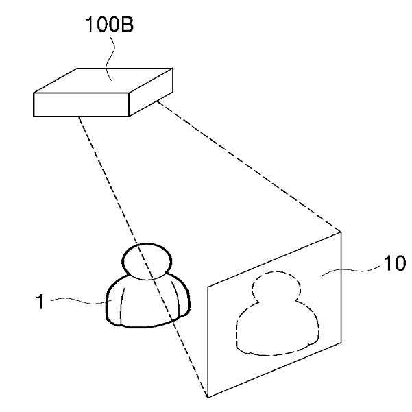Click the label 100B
(x=109, y=25)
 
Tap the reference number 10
(x=394, y=263)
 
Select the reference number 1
(x=40, y=302)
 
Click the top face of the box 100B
(x=104, y=80)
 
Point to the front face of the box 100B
(x=81, y=105)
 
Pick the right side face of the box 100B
(x=151, y=92)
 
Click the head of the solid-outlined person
(x=147, y=261)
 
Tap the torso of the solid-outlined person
(x=148, y=302)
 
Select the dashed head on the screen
(x=276, y=287)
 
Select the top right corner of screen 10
(x=341, y=232)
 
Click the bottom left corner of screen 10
(x=208, y=398)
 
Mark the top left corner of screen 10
(x=208, y=287)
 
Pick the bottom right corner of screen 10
(x=341, y=342)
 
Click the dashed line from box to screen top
(x=249, y=167)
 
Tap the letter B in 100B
(x=127, y=25)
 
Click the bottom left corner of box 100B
(x=34, y=117)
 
